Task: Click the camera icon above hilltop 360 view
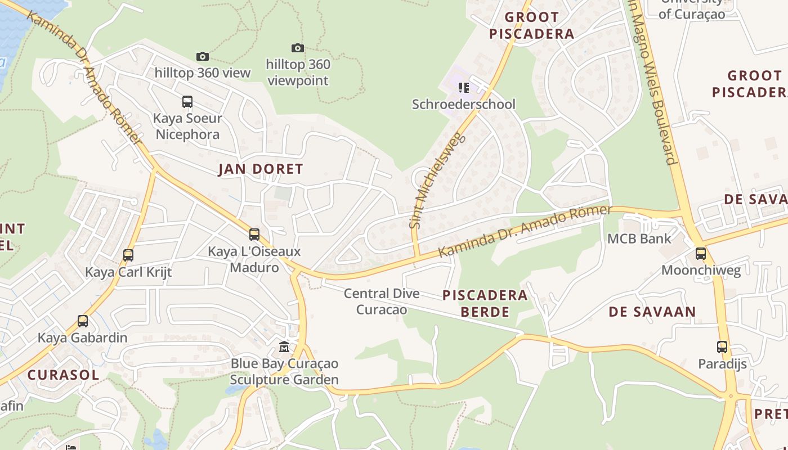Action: point(203,56)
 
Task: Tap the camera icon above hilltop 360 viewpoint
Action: point(298,48)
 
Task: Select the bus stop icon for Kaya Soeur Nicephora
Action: point(187,102)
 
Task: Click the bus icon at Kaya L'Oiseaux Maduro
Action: point(254,235)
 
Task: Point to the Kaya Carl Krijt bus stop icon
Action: point(128,255)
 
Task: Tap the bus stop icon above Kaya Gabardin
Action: point(83,321)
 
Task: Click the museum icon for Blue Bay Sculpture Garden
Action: point(284,346)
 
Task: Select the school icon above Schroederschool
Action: point(464,87)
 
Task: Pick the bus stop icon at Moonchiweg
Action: point(701,254)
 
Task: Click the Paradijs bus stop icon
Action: point(722,347)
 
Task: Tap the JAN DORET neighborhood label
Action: point(261,169)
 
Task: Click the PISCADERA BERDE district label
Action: point(485,303)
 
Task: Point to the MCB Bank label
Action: point(639,238)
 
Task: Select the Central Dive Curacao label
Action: point(382,301)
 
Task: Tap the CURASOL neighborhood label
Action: point(63,375)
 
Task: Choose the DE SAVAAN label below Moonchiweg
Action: point(652,312)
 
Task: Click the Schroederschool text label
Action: point(464,104)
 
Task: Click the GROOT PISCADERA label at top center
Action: point(531,25)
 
